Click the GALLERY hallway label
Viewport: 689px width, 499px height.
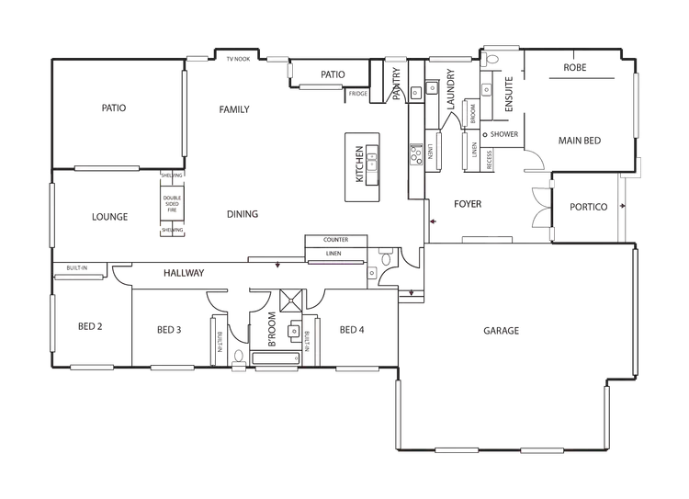pos(183,273)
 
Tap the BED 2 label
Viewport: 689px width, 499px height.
pos(88,328)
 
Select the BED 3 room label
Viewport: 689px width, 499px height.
pos(167,329)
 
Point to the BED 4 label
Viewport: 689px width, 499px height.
pos(349,329)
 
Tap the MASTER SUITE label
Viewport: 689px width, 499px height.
pos(580,141)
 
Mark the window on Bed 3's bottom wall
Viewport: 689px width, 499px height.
pos(173,368)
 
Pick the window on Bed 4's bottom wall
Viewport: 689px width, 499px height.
pos(356,368)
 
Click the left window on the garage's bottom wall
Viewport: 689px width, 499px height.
pos(457,450)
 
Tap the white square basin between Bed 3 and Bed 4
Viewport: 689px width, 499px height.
pos(293,330)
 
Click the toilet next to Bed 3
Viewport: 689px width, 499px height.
pos(237,350)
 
